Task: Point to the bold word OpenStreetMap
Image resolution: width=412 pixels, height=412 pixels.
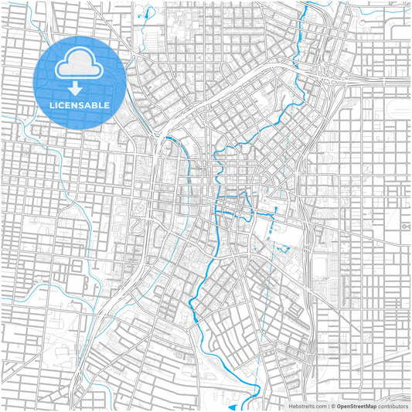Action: tap(356, 406)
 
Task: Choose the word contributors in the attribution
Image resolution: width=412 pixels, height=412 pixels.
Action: tap(393, 406)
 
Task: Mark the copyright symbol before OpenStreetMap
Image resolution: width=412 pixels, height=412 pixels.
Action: tap(333, 406)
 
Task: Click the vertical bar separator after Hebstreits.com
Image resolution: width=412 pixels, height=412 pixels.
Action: tap(328, 406)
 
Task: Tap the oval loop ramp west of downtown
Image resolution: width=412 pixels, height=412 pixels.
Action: tap(140, 225)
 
